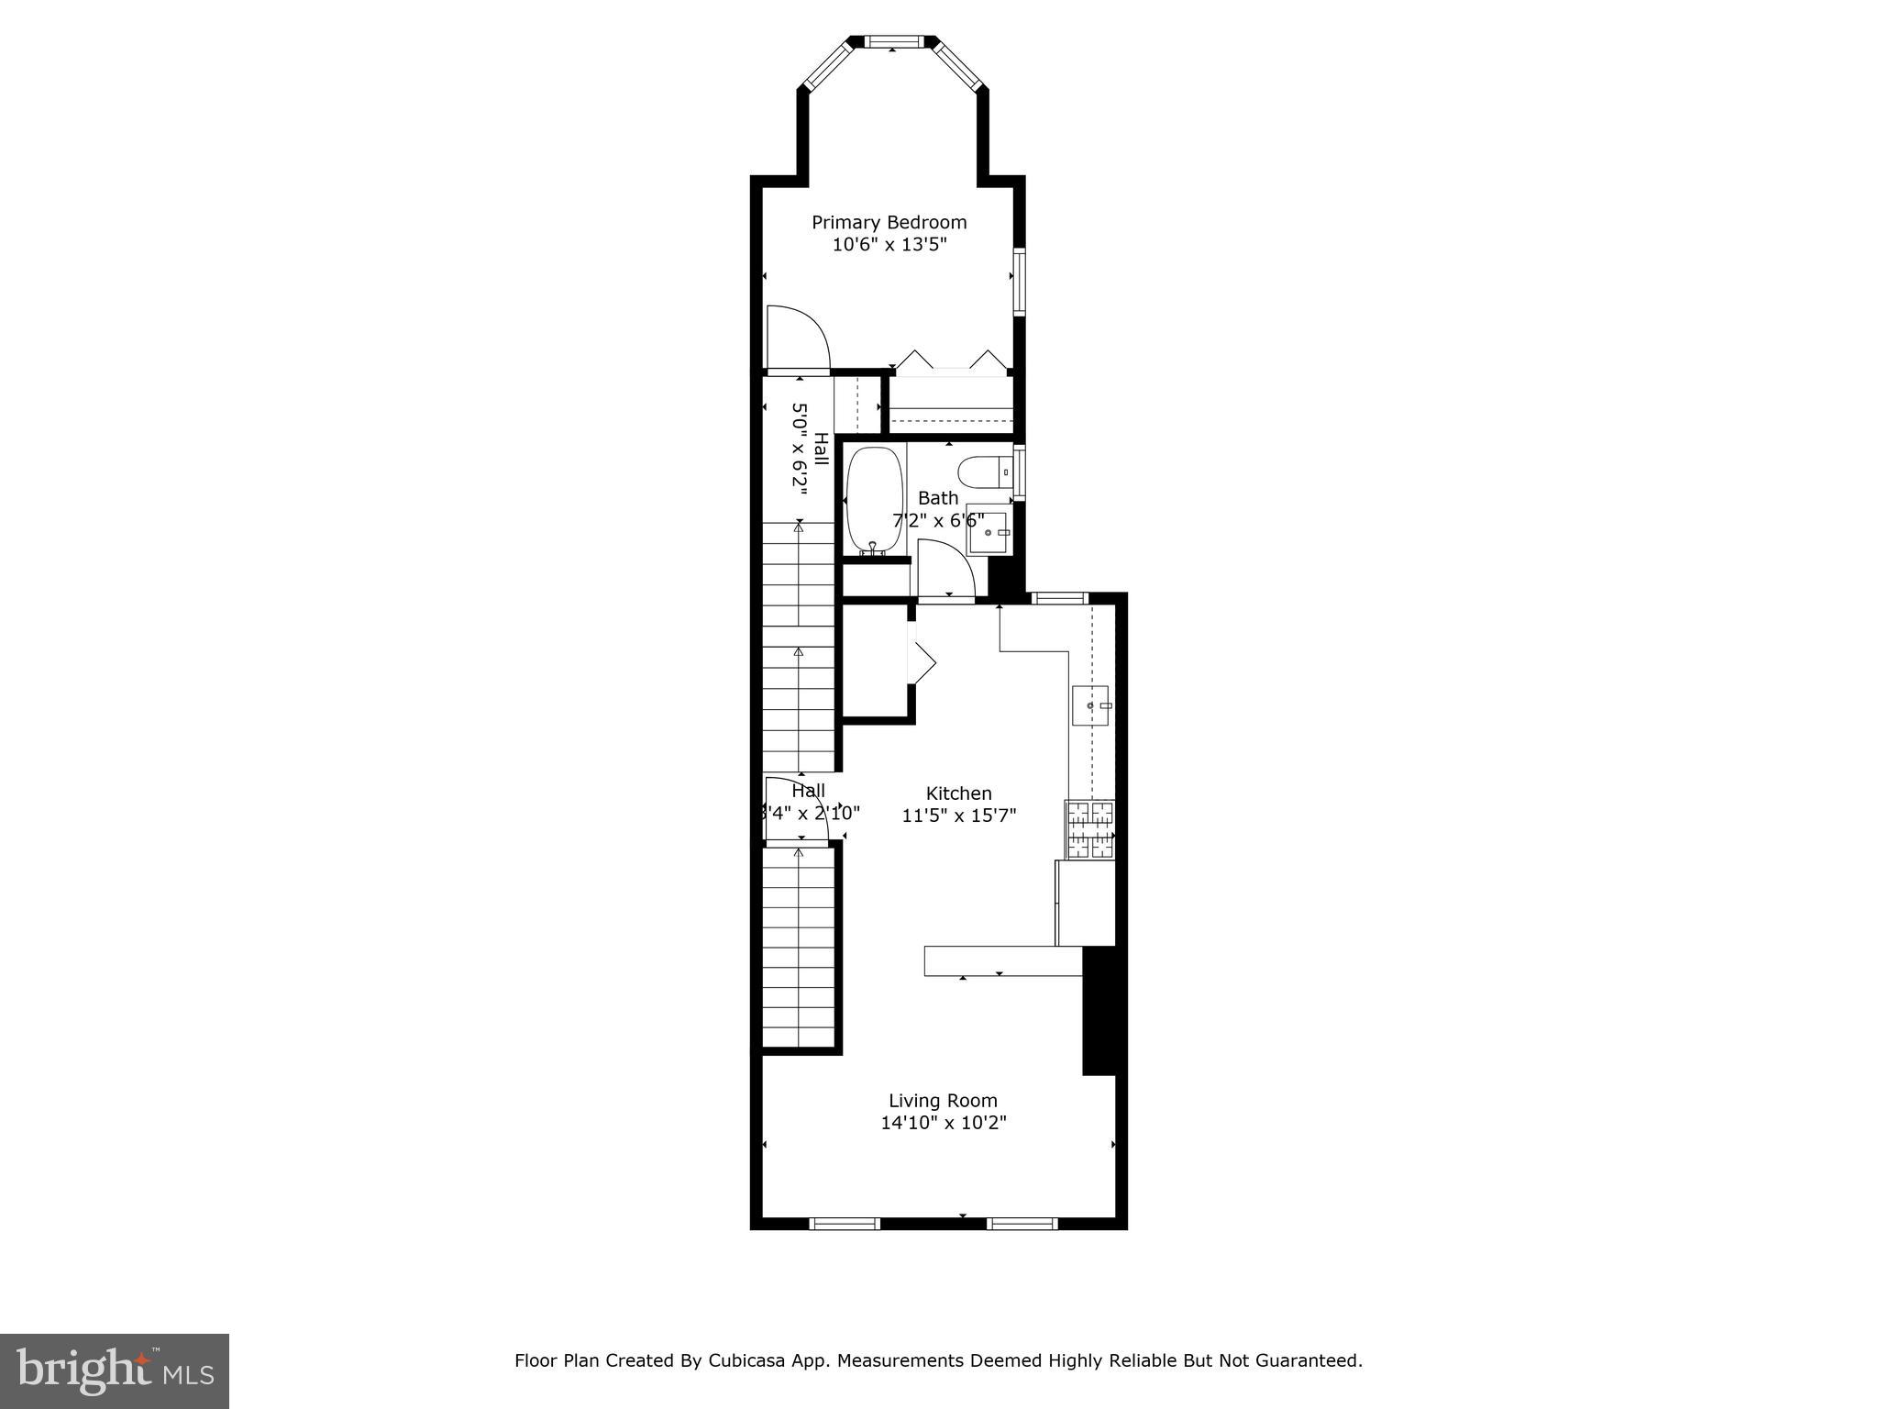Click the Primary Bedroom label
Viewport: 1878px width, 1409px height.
889,223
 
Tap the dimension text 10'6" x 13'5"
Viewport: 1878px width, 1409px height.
889,245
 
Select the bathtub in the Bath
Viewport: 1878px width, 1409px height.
873,501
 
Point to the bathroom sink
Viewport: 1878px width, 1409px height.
990,532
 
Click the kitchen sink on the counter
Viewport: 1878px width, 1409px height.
1090,705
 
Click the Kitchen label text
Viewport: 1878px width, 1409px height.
958,793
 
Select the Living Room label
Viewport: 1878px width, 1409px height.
943,1101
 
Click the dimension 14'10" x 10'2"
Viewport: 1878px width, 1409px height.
944,1123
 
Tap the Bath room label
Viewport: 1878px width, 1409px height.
938,498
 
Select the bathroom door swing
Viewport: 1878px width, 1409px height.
945,570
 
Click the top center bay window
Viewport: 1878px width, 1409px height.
892,41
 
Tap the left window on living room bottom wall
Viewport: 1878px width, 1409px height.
845,1223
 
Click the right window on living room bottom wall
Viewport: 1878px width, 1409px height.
1022,1223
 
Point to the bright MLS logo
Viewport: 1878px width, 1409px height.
114,1370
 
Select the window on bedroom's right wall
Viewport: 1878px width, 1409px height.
1018,281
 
